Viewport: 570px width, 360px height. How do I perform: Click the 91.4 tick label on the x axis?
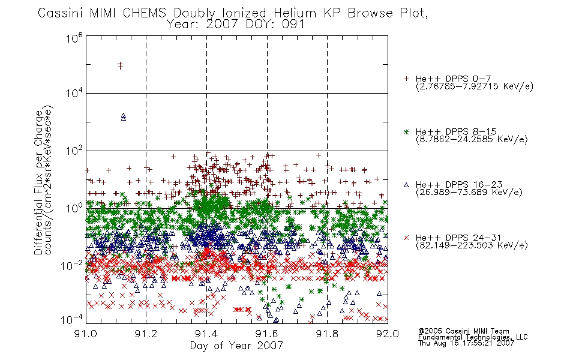[x=206, y=334]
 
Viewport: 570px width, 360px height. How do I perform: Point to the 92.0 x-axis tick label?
[x=388, y=334]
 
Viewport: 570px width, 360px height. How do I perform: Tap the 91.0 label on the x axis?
[x=86, y=334]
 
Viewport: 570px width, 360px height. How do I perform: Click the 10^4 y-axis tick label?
[x=74, y=93]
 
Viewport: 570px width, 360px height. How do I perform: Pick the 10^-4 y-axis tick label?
[x=71, y=319]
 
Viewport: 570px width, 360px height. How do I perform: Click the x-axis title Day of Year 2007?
[x=236, y=346]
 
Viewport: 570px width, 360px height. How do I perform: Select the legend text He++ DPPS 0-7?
[x=454, y=79]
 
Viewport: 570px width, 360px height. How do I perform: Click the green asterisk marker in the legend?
[x=406, y=132]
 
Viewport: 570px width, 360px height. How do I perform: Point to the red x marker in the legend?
[x=406, y=238]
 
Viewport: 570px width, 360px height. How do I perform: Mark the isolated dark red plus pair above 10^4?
[x=121, y=65]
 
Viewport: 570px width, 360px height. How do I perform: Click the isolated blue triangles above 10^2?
[x=124, y=117]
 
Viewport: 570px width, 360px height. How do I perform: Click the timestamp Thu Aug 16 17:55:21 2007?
[x=466, y=343]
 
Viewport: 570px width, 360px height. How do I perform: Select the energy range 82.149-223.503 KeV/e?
[x=472, y=245]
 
